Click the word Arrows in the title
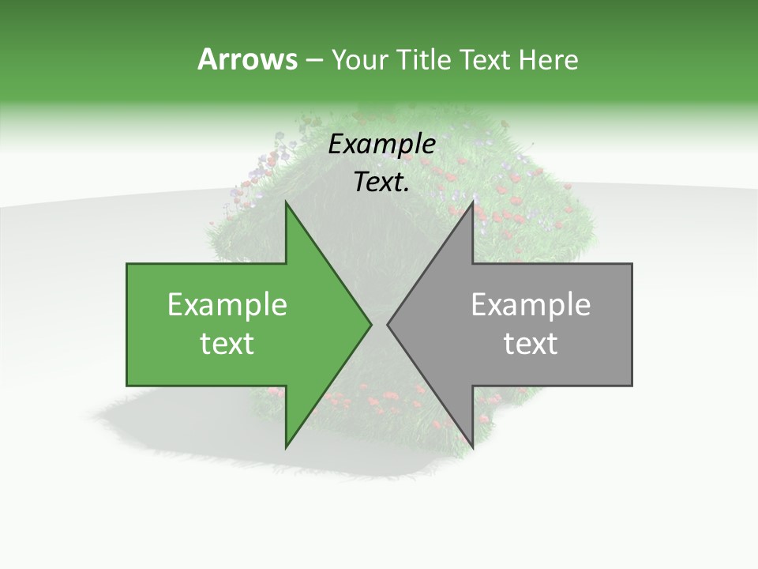point(247,59)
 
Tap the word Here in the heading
point(548,59)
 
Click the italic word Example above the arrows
point(382,145)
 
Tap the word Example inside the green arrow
point(227,305)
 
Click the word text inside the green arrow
point(227,344)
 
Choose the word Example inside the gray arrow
point(531,305)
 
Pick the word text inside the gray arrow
point(531,344)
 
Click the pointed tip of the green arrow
point(371,325)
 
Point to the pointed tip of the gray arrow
point(388,325)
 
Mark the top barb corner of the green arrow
point(286,202)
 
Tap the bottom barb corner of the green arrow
point(286,448)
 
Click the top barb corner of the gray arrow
point(473,202)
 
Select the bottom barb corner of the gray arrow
point(473,448)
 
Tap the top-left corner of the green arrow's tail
point(127,264)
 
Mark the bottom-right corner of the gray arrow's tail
point(632,386)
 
